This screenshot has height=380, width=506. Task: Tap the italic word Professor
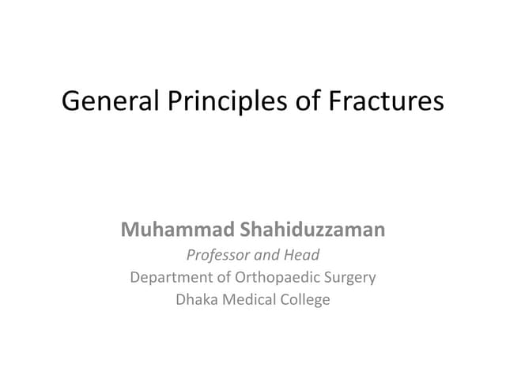point(217,255)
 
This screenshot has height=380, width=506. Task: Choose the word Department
point(168,278)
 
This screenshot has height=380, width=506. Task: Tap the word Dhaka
point(197,300)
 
